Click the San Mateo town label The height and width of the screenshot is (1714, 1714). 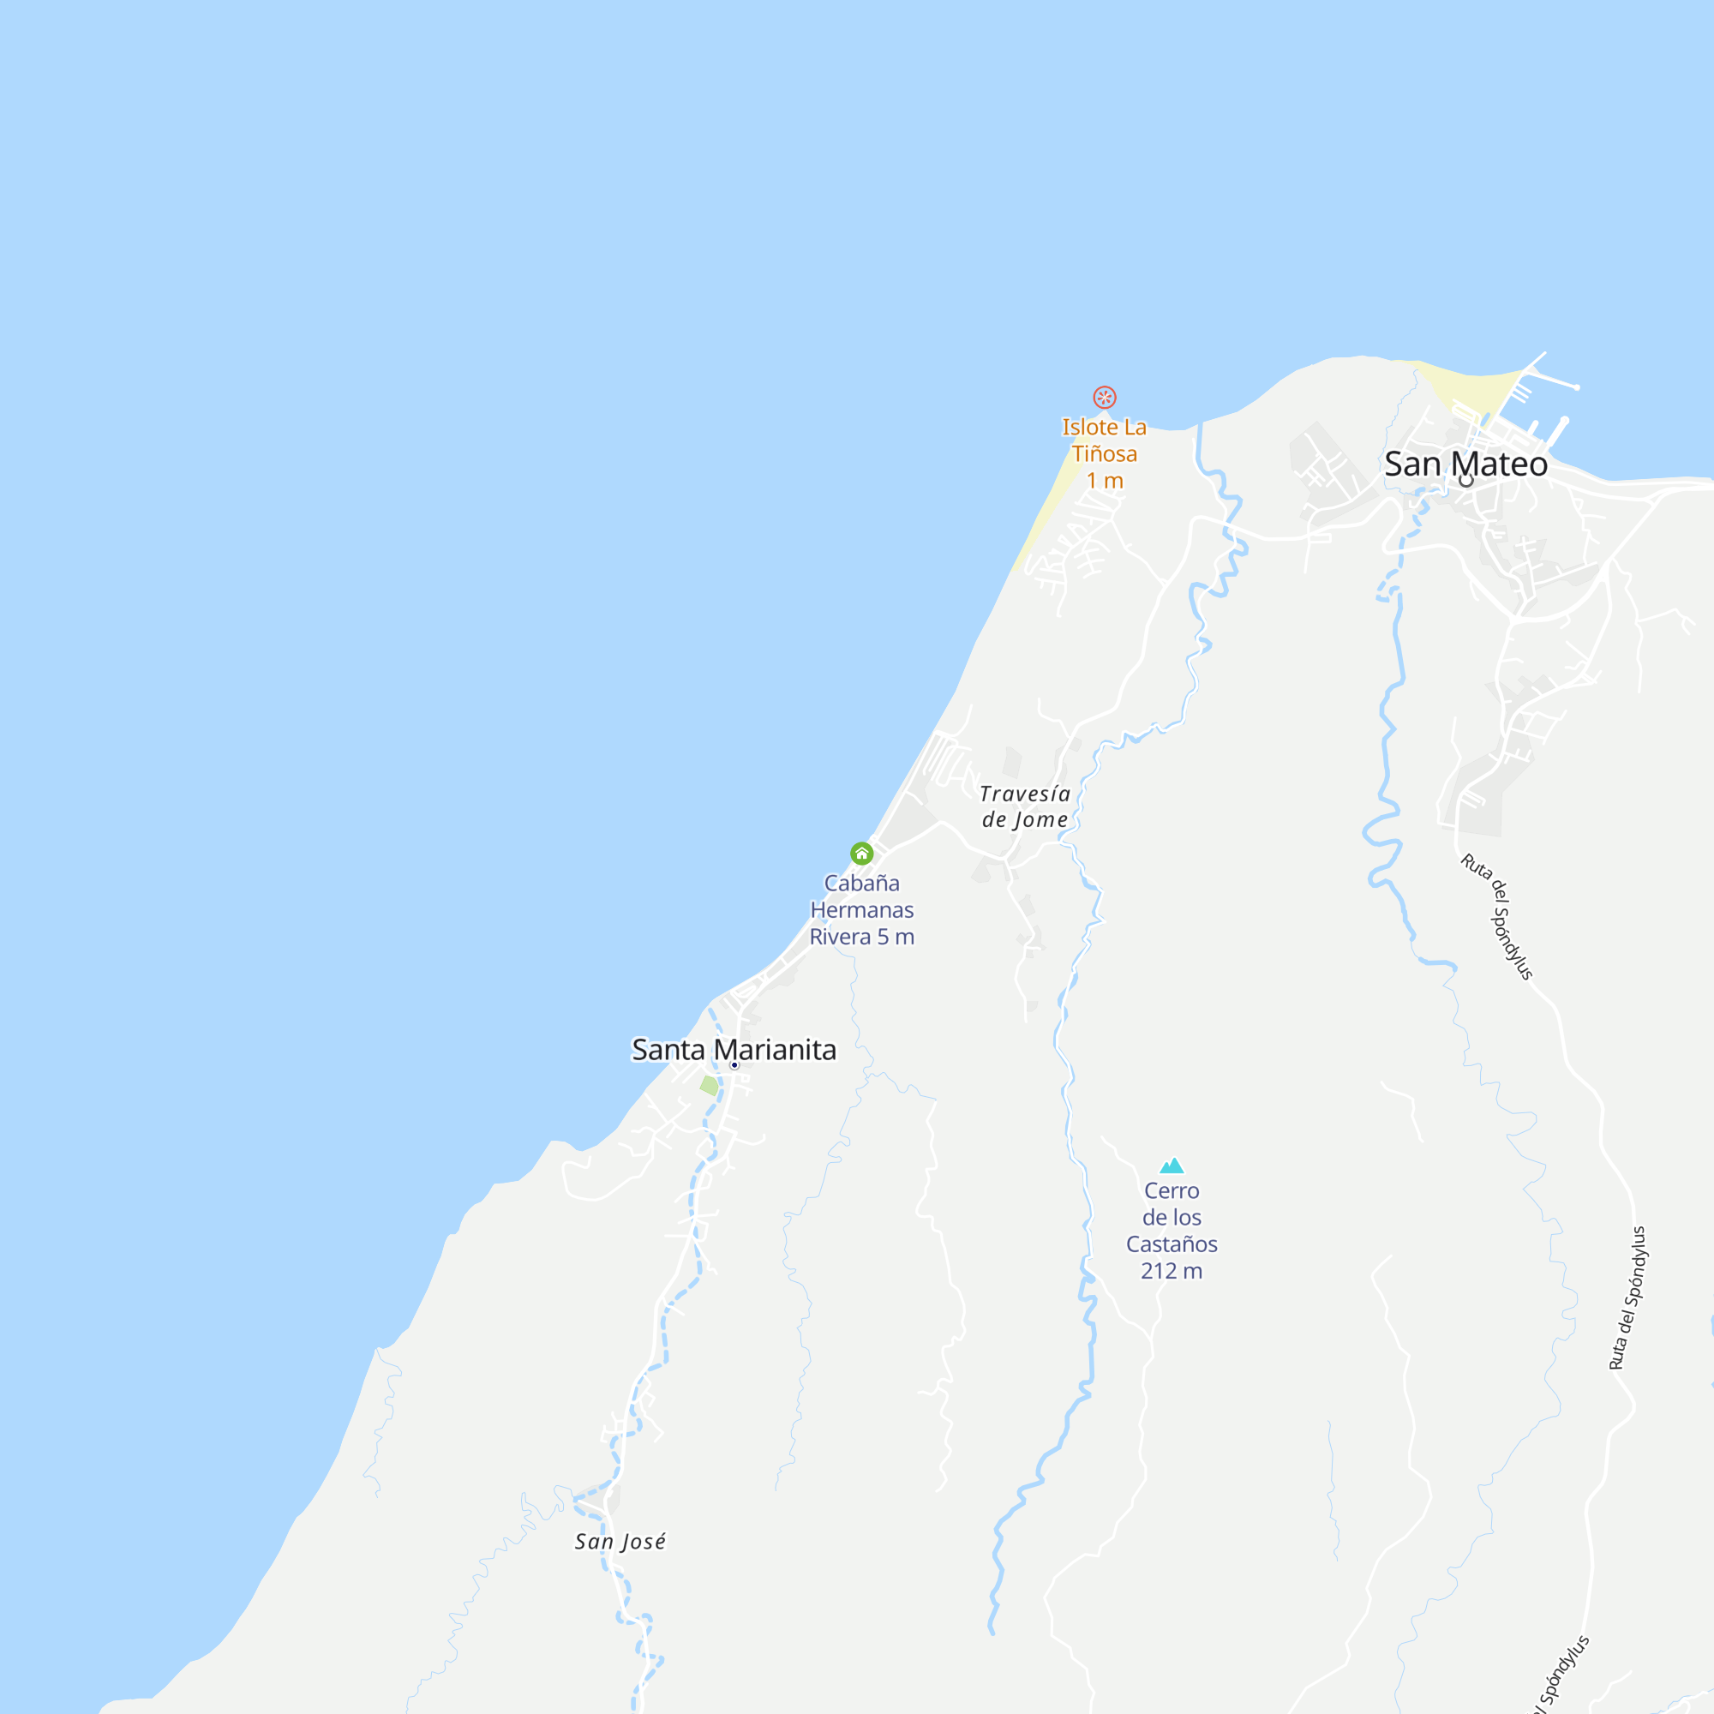pyautogui.click(x=1465, y=464)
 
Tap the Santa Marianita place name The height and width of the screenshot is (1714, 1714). pyautogui.click(x=734, y=1050)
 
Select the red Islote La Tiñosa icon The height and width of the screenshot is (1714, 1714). pyautogui.click(x=1105, y=397)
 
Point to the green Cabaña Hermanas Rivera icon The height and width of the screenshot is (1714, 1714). pyautogui.click(x=861, y=854)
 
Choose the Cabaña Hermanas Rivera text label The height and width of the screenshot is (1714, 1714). pyautogui.click(x=861, y=909)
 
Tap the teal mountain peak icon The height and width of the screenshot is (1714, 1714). pyautogui.click(x=1172, y=1166)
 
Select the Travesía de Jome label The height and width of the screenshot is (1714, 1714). pyautogui.click(x=1025, y=806)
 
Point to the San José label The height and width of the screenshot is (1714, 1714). pyautogui.click(x=620, y=1542)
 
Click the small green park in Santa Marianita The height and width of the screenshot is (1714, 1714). pyautogui.click(x=709, y=1085)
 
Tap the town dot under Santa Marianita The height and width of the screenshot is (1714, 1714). pyautogui.click(x=734, y=1064)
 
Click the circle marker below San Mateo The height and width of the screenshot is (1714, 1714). pyautogui.click(x=1465, y=481)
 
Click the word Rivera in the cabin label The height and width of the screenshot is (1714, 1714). pyautogui.click(x=840, y=937)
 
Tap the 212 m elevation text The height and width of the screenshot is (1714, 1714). pyautogui.click(x=1172, y=1271)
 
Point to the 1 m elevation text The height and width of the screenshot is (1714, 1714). pyautogui.click(x=1106, y=481)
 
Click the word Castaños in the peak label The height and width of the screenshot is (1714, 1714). pyautogui.click(x=1172, y=1244)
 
